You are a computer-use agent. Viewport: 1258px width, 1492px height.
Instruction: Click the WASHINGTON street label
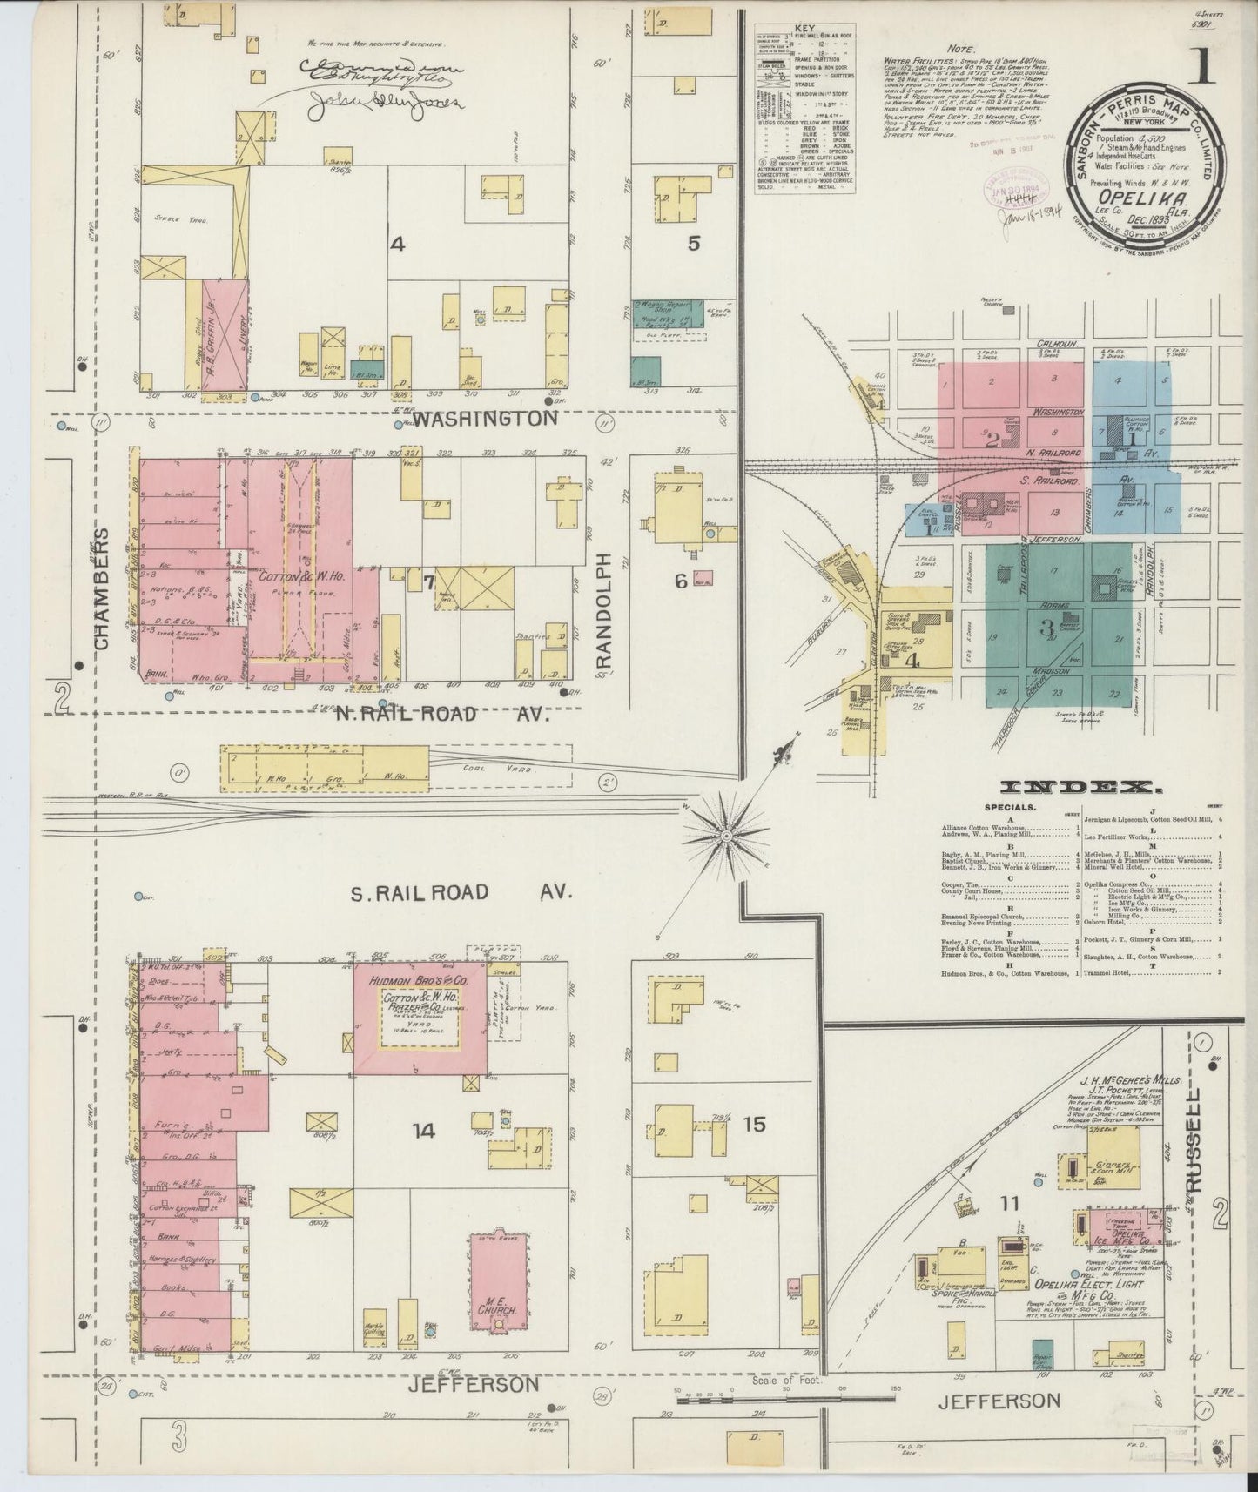[x=484, y=419]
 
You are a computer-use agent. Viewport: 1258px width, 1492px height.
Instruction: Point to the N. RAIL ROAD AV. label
[x=444, y=714]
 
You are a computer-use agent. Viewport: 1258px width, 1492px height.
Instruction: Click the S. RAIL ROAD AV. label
[x=459, y=892]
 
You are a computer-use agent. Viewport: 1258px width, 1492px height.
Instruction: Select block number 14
[x=423, y=1131]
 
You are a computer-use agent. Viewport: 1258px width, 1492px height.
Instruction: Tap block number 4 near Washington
[x=397, y=245]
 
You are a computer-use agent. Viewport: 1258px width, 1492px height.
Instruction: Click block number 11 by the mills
[x=1010, y=1205]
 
